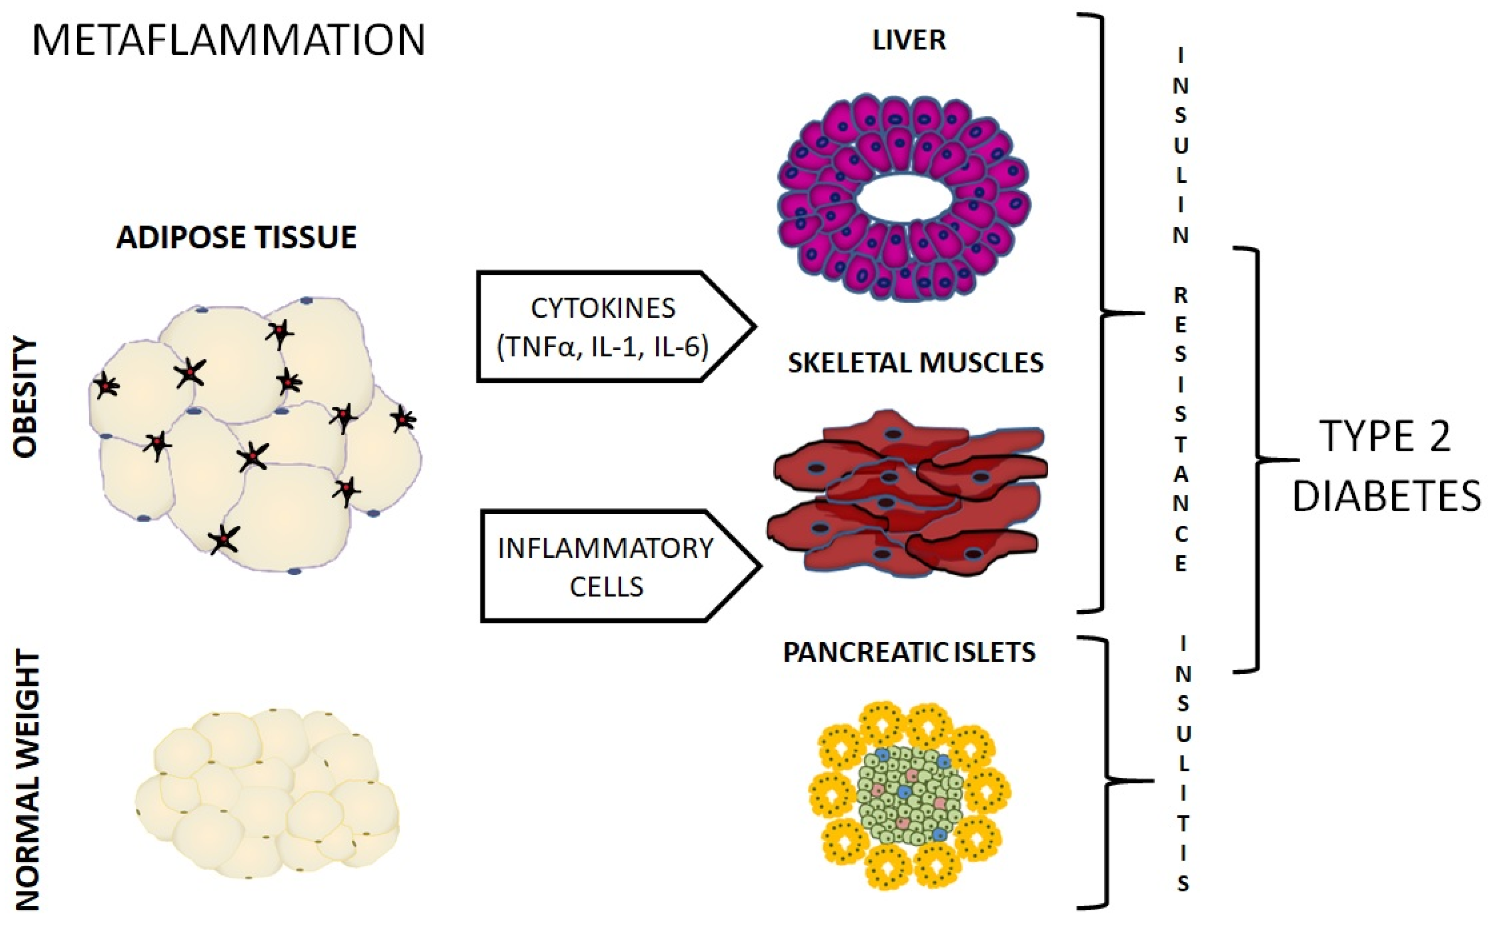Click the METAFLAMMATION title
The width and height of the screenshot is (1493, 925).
click(x=228, y=40)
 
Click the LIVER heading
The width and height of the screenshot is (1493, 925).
click(x=909, y=40)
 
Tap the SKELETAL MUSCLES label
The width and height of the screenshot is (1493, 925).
click(x=915, y=363)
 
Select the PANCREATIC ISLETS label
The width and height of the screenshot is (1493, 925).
click(x=910, y=653)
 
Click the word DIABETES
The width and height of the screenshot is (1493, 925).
click(x=1386, y=496)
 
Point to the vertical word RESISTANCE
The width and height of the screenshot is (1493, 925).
click(x=1180, y=428)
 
